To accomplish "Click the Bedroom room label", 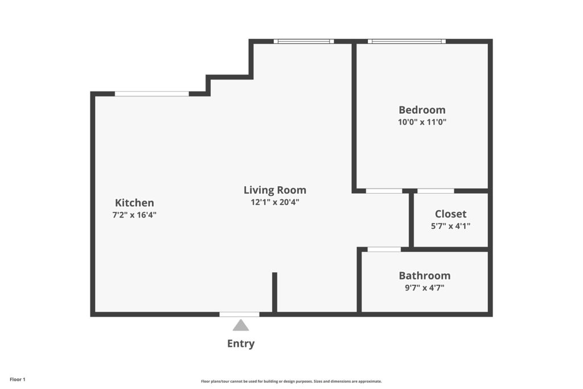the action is pyautogui.click(x=422, y=110).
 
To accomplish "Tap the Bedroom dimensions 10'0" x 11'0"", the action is pyautogui.click(x=422, y=122).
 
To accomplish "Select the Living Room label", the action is pyautogui.click(x=275, y=190).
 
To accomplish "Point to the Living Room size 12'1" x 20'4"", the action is pyautogui.click(x=275, y=202).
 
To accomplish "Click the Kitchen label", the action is pyautogui.click(x=134, y=203).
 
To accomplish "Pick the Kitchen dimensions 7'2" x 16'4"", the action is pyautogui.click(x=134, y=215).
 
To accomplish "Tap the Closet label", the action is pyautogui.click(x=451, y=214).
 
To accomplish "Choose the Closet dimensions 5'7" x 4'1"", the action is pyautogui.click(x=451, y=226).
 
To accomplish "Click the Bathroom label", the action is pyautogui.click(x=425, y=276).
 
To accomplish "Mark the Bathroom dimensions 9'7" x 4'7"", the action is pyautogui.click(x=425, y=288).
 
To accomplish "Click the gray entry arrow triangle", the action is pyautogui.click(x=241, y=325).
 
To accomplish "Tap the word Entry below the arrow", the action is pyautogui.click(x=241, y=343).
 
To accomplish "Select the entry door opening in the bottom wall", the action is pyautogui.click(x=240, y=314).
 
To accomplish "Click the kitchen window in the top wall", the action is pyautogui.click(x=151, y=94).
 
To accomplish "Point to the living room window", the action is pyautogui.click(x=304, y=41).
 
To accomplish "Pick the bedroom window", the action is pyautogui.click(x=407, y=41).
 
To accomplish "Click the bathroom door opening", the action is pyautogui.click(x=384, y=249).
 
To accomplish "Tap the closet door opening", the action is pyautogui.click(x=436, y=191).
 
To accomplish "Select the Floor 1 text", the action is pyautogui.click(x=18, y=380).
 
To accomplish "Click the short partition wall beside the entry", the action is pyautogui.click(x=275, y=292).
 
